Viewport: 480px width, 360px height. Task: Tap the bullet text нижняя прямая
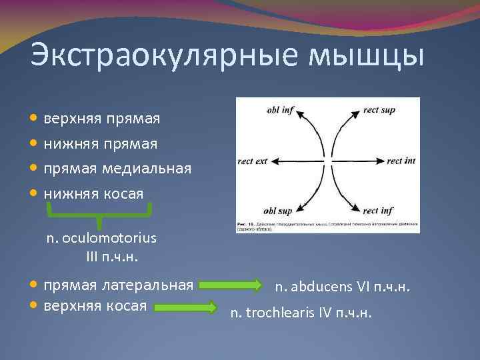tap(101, 143)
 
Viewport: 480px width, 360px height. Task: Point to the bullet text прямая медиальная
tap(117, 169)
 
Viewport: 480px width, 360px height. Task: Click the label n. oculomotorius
tap(101, 238)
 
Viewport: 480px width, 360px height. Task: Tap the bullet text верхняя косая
tap(95, 306)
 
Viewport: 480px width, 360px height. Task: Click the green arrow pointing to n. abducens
tap(231, 285)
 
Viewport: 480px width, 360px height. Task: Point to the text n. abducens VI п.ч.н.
tap(343, 287)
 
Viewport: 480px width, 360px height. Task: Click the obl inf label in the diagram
tap(280, 109)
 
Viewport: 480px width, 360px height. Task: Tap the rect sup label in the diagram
tap(379, 109)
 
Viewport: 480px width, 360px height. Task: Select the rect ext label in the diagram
tap(252, 161)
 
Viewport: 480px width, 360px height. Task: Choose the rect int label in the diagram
tap(401, 161)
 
